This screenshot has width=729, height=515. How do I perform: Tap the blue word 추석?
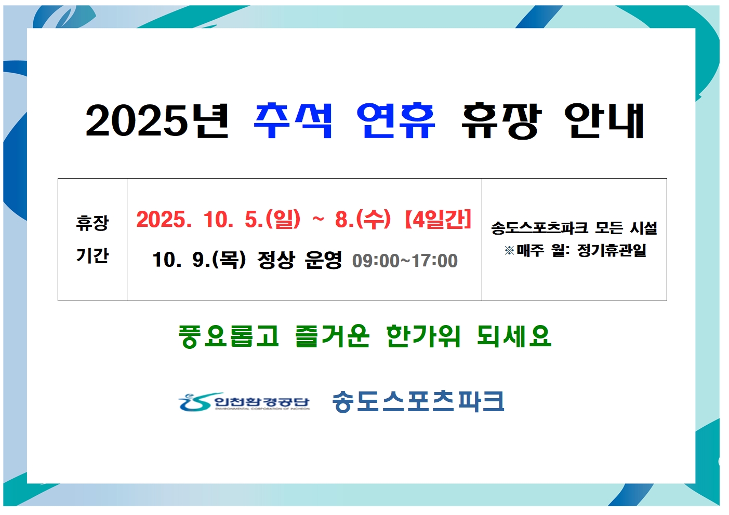pyautogui.click(x=293, y=120)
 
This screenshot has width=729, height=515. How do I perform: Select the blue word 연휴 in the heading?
pyautogui.click(x=396, y=120)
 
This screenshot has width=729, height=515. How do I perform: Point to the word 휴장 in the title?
pyautogui.click(x=502, y=121)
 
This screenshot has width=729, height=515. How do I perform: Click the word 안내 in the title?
pyautogui.click(x=604, y=120)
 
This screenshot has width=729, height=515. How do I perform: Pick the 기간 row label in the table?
pyautogui.click(x=92, y=255)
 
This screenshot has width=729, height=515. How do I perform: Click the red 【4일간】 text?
pyautogui.click(x=438, y=220)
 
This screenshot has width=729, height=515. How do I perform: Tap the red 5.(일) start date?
pyautogui.click(x=272, y=220)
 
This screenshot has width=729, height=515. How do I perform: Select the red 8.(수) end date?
pyautogui.click(x=363, y=220)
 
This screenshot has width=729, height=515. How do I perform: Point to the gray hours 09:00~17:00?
pyautogui.click(x=405, y=261)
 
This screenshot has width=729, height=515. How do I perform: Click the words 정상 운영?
pyautogui.click(x=299, y=260)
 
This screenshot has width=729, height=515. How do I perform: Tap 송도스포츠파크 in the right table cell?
pyautogui.click(x=539, y=228)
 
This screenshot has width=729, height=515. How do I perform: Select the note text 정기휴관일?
pyautogui.click(x=612, y=250)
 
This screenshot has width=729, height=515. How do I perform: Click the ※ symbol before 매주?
pyautogui.click(x=509, y=250)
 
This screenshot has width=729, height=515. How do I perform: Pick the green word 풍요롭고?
pyautogui.click(x=229, y=336)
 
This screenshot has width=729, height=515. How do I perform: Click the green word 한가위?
pyautogui.click(x=423, y=336)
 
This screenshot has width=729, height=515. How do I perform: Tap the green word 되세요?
pyautogui.click(x=514, y=336)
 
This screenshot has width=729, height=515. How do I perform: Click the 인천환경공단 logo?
pyautogui.click(x=244, y=402)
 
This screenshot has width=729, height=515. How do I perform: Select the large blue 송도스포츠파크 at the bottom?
pyautogui.click(x=418, y=402)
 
